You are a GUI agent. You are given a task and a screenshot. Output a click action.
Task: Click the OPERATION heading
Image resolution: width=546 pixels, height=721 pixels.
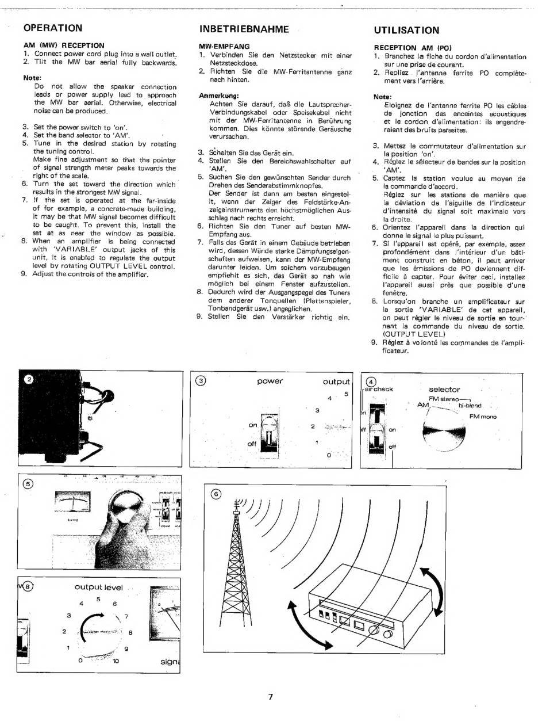(x=52, y=28)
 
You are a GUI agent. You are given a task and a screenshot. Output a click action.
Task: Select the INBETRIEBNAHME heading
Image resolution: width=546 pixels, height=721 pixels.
(x=244, y=29)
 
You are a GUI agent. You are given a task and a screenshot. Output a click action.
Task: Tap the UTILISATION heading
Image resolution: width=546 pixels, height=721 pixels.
(x=406, y=30)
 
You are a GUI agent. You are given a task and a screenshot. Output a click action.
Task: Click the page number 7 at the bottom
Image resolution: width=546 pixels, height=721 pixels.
(x=270, y=696)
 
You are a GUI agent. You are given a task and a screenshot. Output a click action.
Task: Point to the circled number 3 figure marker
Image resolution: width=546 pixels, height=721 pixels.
(x=201, y=380)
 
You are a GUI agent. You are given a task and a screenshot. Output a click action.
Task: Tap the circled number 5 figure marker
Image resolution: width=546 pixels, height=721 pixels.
(x=28, y=483)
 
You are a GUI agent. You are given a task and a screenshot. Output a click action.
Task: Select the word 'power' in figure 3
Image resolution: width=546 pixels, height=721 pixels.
(x=270, y=381)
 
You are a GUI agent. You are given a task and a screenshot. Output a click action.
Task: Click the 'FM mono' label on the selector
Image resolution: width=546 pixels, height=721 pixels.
(x=482, y=417)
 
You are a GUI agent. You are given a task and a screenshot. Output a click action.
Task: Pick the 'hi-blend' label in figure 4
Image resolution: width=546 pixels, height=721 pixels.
(x=470, y=405)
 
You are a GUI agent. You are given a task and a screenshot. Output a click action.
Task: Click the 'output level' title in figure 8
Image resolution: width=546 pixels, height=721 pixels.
(x=98, y=587)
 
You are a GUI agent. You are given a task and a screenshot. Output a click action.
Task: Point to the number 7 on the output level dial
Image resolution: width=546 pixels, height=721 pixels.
(x=126, y=617)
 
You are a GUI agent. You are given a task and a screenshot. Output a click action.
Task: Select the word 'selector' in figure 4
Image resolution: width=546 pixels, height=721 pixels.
(x=444, y=390)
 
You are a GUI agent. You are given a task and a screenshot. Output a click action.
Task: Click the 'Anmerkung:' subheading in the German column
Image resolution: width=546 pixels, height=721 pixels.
(x=218, y=95)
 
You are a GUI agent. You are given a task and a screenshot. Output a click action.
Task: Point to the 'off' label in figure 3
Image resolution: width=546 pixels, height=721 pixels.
(x=252, y=444)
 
